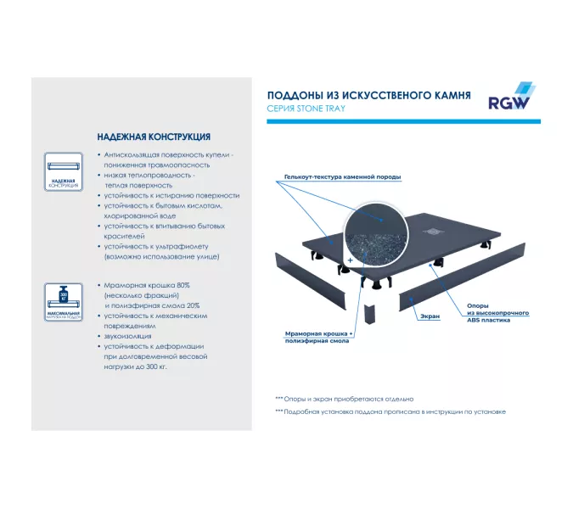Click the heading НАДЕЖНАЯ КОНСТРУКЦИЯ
click(x=154, y=137)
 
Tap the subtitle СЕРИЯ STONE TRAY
click(x=306, y=109)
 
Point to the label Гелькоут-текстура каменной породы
click(x=337, y=177)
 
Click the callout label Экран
click(x=429, y=316)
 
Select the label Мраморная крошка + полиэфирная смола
click(x=319, y=338)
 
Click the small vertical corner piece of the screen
click(x=370, y=315)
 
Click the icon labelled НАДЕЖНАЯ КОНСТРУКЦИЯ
click(x=64, y=173)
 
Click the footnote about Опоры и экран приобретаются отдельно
click(x=344, y=398)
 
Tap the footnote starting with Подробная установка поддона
click(x=390, y=411)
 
